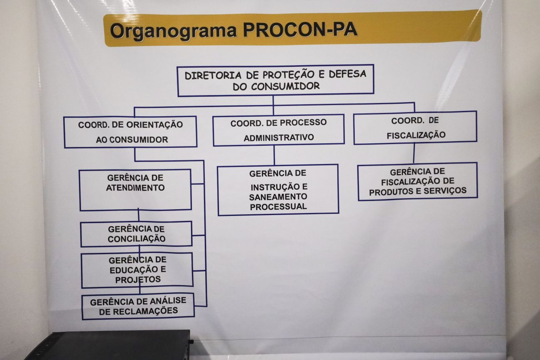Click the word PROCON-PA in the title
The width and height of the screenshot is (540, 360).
[x=300, y=30]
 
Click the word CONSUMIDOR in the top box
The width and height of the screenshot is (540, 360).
[x=285, y=86]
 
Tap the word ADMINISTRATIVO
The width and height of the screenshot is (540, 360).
[x=279, y=138]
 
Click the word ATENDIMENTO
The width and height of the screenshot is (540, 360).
[x=135, y=188]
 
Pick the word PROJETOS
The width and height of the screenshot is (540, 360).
[x=138, y=280]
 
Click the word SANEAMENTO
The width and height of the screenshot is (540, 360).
[x=278, y=197]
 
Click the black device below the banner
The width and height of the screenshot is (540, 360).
[x=108, y=346]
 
